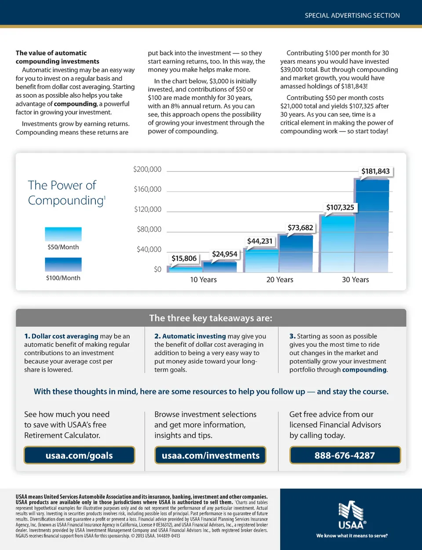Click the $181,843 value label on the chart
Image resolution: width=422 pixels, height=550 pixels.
[375, 171]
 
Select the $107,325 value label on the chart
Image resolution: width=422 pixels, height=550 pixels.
[340, 208]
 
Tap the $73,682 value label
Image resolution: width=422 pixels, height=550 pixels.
[300, 228]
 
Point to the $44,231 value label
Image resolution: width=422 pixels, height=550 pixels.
[260, 241]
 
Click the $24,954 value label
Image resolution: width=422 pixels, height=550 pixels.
[225, 254]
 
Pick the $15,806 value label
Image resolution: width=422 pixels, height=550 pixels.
[184, 259]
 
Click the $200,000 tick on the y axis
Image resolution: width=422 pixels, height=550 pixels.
[147, 169]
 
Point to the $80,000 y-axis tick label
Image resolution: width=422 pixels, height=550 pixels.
[149, 229]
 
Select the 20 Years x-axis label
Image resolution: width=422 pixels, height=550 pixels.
[280, 280]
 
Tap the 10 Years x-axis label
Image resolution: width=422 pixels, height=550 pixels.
[203, 280]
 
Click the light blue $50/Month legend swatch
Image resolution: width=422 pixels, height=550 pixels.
[63, 234]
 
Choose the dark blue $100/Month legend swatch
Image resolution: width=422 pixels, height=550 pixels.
[63, 264]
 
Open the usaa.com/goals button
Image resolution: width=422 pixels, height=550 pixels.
[79, 455]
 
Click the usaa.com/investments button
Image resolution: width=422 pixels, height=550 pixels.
[211, 455]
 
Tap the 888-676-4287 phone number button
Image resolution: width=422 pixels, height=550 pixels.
[345, 455]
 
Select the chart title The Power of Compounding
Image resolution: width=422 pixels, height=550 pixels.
[66, 193]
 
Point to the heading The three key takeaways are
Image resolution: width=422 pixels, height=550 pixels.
[211, 318]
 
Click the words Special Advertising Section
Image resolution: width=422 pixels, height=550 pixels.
[352, 15]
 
